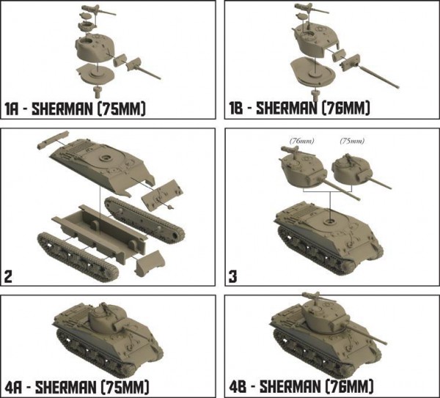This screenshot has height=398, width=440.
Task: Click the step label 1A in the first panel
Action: [x=12, y=108]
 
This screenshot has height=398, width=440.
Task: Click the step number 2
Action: [x=8, y=277]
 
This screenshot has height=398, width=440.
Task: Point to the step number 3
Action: [x=233, y=277]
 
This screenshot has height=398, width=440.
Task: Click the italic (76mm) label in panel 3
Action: [x=301, y=141]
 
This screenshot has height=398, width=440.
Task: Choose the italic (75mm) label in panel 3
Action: [x=352, y=141]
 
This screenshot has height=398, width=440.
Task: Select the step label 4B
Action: [x=238, y=387]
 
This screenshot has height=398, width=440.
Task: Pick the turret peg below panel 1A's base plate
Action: [x=97, y=92]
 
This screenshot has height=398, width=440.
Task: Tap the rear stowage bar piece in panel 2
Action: [x=53, y=139]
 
